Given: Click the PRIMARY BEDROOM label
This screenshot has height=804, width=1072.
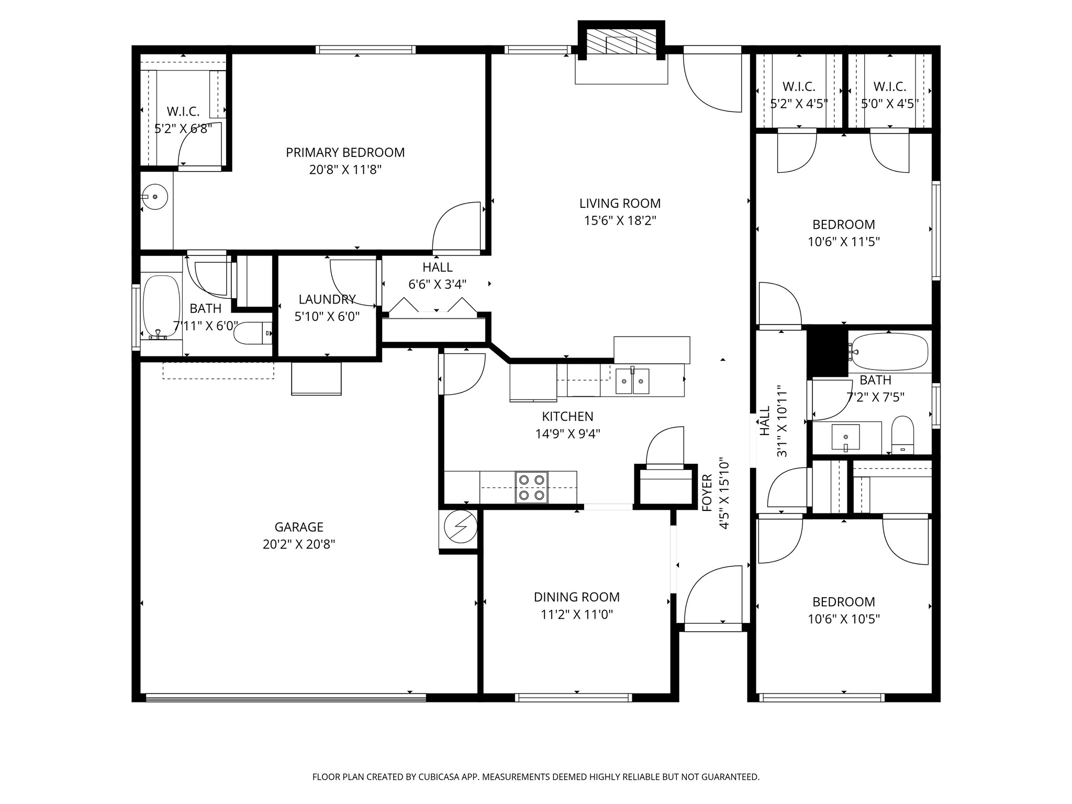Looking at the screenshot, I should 345,152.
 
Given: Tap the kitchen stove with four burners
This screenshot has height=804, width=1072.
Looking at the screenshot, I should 531,487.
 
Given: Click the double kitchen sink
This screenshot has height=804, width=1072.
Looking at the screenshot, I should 632,381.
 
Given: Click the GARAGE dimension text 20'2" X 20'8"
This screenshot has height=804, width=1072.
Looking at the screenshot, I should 299,544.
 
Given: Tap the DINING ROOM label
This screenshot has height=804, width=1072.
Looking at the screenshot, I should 576,597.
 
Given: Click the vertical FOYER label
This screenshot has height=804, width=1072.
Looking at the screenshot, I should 707,493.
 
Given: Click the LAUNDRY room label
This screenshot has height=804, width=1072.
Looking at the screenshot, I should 327,299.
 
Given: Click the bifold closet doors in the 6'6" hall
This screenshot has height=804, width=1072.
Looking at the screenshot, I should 433,307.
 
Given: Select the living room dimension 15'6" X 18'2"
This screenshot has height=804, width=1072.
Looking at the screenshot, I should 620,220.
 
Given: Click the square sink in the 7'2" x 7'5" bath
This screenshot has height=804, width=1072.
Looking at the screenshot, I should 845,437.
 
